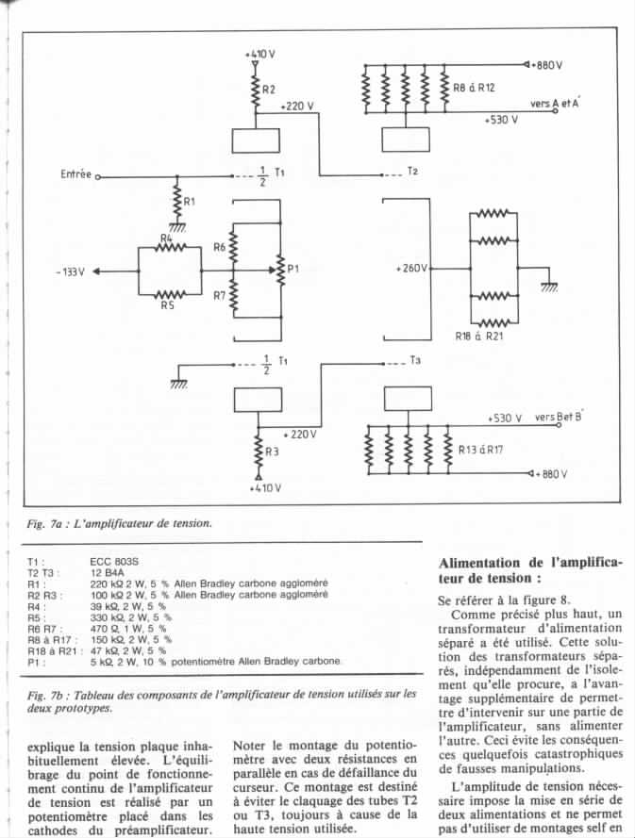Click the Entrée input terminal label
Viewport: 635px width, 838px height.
coord(76,174)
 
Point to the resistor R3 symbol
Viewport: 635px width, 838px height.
coord(259,452)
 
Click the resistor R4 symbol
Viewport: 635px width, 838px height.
coord(170,247)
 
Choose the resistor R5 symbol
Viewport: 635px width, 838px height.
coord(170,294)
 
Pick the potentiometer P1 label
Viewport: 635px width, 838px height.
coord(293,269)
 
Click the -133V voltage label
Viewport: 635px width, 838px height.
coord(70,272)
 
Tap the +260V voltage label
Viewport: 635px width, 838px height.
coord(411,269)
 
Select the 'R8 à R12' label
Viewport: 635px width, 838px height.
coord(474,88)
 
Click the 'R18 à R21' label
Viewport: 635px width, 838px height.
coord(479,337)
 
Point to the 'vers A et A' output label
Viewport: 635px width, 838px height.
coord(554,103)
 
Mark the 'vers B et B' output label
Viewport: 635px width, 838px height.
coord(558,417)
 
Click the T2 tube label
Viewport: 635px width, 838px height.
coord(412,171)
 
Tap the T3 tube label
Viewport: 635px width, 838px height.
coord(415,360)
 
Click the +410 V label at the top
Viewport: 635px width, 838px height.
coord(260,54)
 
